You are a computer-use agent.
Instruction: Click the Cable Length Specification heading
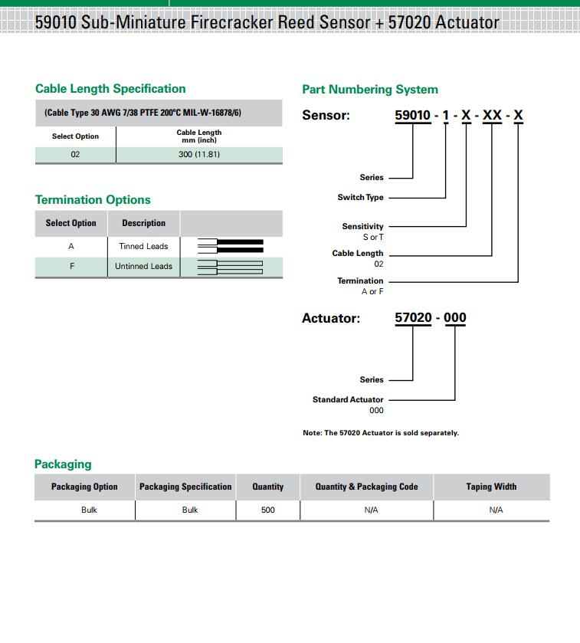(x=110, y=89)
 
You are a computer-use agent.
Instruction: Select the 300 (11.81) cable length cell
(x=198, y=154)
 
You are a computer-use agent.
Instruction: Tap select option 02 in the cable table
(x=75, y=154)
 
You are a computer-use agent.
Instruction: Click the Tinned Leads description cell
(x=143, y=247)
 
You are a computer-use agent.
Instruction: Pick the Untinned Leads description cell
(x=143, y=267)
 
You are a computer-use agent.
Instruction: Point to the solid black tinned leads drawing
(x=231, y=246)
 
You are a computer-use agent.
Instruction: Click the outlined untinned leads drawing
(x=231, y=267)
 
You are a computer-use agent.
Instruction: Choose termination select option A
(x=71, y=247)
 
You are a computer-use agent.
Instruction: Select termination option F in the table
(x=71, y=267)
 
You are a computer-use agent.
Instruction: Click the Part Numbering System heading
(x=370, y=90)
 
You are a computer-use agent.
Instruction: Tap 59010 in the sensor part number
(x=413, y=116)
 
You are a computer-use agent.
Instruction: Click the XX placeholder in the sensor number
(x=492, y=116)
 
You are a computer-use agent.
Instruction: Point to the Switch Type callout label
(x=360, y=198)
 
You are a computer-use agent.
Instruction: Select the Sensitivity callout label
(x=362, y=227)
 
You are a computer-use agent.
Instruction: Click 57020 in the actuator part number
(x=413, y=317)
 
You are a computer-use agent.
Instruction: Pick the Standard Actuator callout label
(x=348, y=400)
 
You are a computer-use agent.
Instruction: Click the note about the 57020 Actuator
(x=381, y=433)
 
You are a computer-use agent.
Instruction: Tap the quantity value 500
(x=267, y=510)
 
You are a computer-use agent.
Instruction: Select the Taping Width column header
(x=491, y=487)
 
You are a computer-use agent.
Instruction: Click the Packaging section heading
(x=63, y=464)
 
